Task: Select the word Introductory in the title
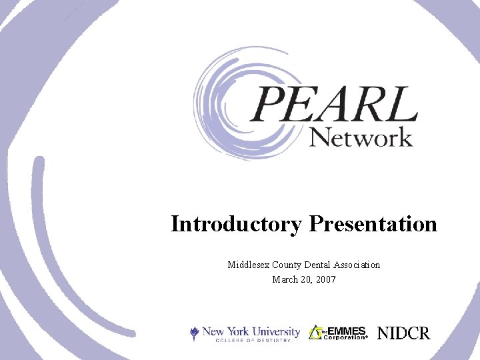pos(236,224)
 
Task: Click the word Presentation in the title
pos(373,224)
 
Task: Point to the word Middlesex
pos(249,265)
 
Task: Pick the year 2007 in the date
pos(325,279)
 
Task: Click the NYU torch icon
pos(195,333)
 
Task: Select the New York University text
pos(252,331)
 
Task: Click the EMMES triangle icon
pos(315,332)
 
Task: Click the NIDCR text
pos(404,333)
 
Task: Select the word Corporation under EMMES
pos(345,337)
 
